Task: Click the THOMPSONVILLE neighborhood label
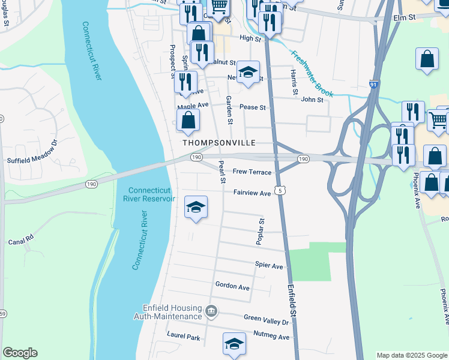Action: tap(219, 143)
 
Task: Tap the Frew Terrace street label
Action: tap(252, 172)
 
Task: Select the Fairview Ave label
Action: tap(252, 193)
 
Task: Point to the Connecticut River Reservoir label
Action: tap(150, 194)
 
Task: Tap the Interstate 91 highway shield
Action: tap(373, 85)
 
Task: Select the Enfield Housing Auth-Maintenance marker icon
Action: tap(211, 311)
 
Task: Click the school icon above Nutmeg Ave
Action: tap(234, 344)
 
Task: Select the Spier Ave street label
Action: tap(268, 266)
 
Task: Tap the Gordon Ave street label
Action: tap(232, 287)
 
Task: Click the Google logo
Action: tap(20, 353)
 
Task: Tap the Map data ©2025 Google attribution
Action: tap(411, 355)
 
